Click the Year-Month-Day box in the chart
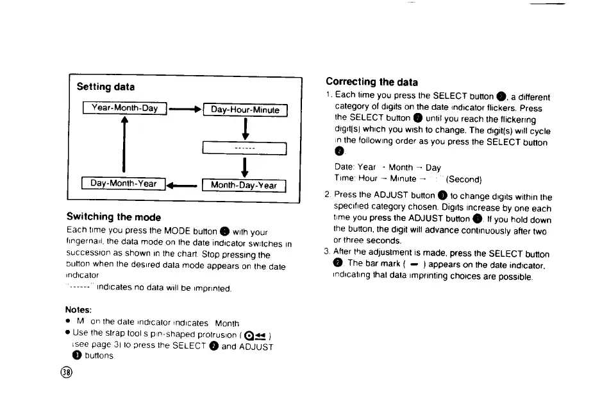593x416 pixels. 124,108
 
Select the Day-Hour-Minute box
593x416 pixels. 245,110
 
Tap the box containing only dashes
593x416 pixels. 244,148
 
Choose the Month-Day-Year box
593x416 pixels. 244,186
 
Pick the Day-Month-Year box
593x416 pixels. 124,184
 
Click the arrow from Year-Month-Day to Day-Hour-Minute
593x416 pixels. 185,109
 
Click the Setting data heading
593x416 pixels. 106,87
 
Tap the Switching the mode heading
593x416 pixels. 113,217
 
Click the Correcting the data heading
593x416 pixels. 371,82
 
